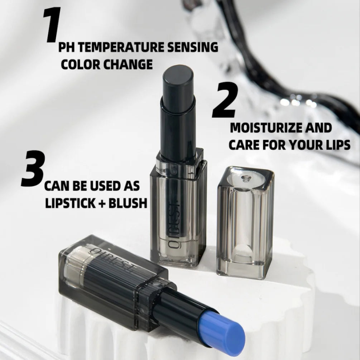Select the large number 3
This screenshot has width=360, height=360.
33,169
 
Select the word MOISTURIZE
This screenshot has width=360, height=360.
267,128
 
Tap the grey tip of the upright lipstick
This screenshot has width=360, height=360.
178,76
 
